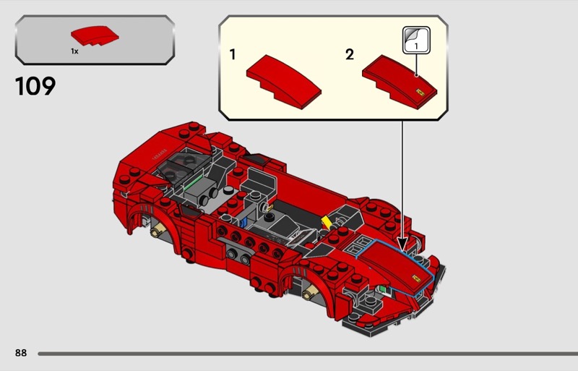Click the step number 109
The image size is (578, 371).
click(x=35, y=86)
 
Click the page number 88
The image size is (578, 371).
click(x=21, y=353)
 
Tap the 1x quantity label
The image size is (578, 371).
click(x=74, y=51)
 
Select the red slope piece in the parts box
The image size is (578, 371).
click(x=95, y=36)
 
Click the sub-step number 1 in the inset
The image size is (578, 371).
click(x=232, y=55)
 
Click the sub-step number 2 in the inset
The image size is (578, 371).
click(x=350, y=55)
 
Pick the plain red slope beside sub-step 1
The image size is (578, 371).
click(x=283, y=82)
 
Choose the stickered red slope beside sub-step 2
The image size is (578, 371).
click(x=400, y=82)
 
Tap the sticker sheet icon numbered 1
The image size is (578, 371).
click(x=416, y=40)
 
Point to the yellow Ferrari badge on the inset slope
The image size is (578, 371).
click(x=420, y=93)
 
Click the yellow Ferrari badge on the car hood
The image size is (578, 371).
click(x=417, y=278)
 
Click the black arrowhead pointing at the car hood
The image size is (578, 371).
click(x=402, y=244)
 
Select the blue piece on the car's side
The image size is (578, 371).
click(x=243, y=222)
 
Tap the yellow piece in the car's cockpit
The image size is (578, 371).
click(x=326, y=222)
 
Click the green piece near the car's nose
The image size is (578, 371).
click(x=383, y=289)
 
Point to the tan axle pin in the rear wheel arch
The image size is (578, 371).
click(x=157, y=230)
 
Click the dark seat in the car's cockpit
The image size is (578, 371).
click(x=261, y=182)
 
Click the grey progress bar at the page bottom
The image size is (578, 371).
click(x=308, y=354)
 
